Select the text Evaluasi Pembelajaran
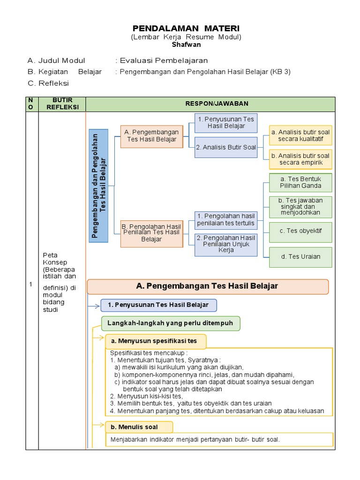point(164,60)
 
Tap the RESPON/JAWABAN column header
point(210,104)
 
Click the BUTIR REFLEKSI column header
point(62,104)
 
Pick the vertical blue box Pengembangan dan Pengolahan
point(99,186)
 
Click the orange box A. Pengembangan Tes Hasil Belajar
point(151,135)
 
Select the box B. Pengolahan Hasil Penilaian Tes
point(151,233)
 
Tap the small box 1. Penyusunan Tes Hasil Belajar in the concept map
point(226,123)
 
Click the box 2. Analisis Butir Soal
point(226,147)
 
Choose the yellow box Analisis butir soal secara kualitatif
point(300,135)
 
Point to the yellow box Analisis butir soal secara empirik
point(300,159)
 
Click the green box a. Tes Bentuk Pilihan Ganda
point(300,182)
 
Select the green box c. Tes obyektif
point(300,231)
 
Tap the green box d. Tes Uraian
point(300,257)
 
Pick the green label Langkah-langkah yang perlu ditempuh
point(171,323)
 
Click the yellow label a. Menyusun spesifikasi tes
point(156,341)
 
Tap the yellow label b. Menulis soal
point(139,427)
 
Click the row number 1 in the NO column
point(31,285)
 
